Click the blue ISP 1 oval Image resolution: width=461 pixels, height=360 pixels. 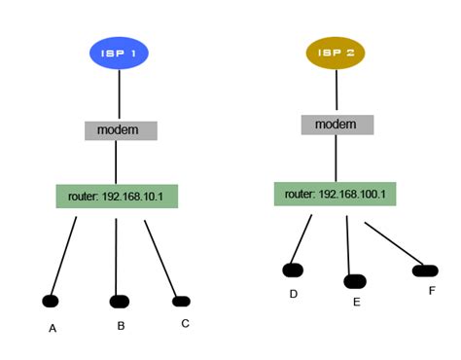119,53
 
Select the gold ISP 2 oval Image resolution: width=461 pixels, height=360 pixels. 336,53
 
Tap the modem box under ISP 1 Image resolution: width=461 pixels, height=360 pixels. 121,130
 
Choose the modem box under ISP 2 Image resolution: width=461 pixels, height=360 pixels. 337,125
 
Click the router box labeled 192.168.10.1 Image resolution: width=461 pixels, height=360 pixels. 117,196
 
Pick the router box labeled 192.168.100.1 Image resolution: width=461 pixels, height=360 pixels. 335,194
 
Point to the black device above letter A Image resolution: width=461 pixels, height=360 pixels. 52,301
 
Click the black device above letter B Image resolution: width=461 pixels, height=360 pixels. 119,302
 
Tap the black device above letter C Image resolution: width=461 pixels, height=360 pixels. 180,302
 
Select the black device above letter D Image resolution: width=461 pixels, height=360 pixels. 293,270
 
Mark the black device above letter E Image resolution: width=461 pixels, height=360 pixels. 355,281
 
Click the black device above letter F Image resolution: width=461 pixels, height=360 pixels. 425,270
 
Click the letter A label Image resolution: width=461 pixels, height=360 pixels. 53,329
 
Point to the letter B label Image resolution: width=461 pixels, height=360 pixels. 121,326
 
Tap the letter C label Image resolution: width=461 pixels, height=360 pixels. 185,323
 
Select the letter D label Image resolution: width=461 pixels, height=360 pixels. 293,293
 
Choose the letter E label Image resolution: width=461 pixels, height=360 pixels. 356,303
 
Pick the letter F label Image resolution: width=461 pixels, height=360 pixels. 432,291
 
